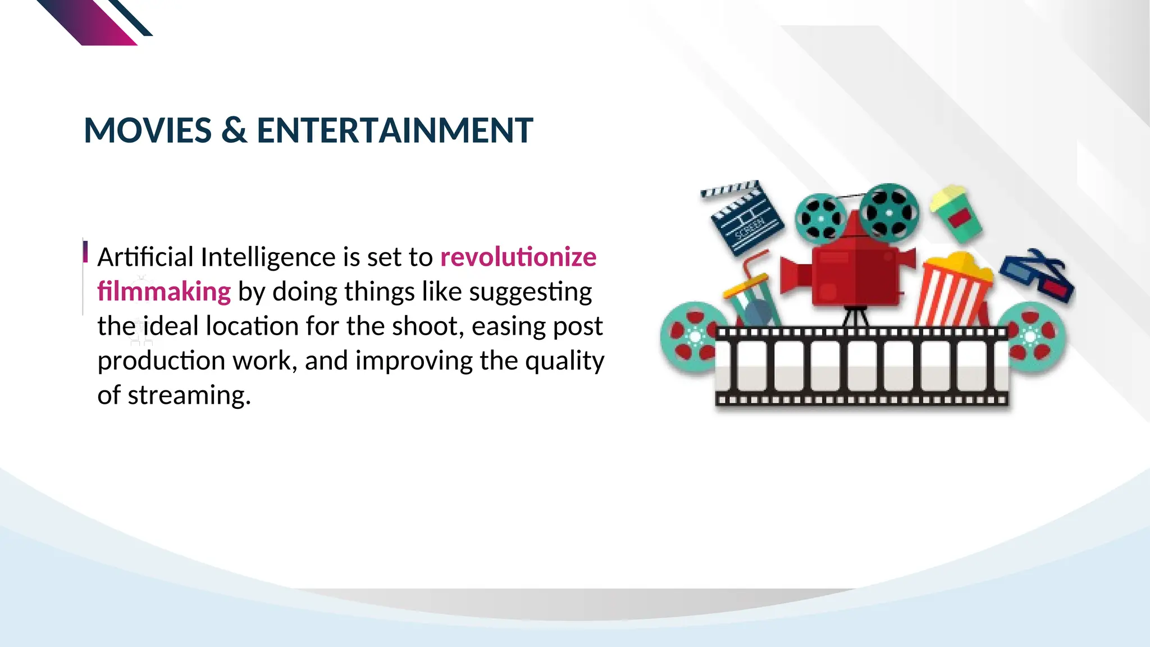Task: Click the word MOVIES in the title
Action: (x=148, y=130)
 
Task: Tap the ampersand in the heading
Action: (x=234, y=130)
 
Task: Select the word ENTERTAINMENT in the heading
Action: (x=395, y=130)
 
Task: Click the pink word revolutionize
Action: (x=518, y=257)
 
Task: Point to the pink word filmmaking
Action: (x=164, y=291)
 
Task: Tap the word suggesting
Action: (x=530, y=291)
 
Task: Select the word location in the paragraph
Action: (x=267, y=326)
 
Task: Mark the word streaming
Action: (x=188, y=395)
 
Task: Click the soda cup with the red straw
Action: (x=751, y=297)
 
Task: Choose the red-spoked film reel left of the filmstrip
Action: (x=692, y=336)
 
